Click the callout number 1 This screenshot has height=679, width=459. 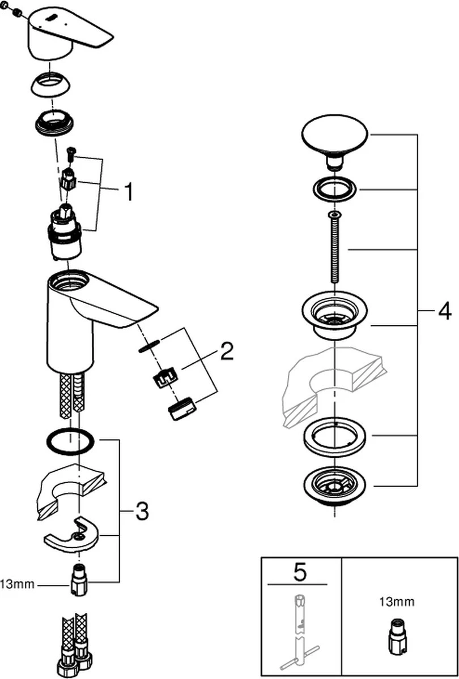(129, 192)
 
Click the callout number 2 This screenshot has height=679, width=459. (226, 352)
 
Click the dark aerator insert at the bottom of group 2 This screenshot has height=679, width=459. (182, 410)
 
